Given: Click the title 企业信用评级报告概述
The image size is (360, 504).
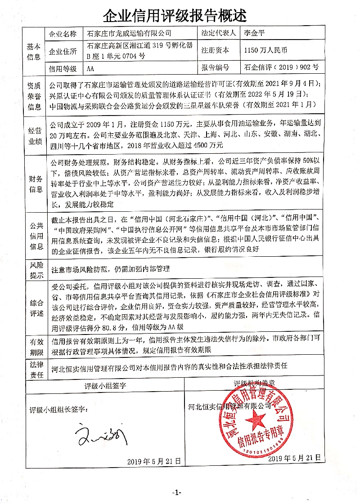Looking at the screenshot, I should [x=175, y=16].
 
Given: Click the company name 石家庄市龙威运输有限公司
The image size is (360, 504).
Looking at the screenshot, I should [x=130, y=34].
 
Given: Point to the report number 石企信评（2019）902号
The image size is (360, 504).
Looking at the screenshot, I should [x=281, y=68].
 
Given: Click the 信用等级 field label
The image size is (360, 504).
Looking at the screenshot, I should [x=63, y=68].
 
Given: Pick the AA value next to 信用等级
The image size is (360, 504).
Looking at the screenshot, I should [x=91, y=68].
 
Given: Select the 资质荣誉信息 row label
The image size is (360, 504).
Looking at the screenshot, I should [x=35, y=95].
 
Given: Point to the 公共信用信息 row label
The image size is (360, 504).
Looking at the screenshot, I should [x=35, y=235].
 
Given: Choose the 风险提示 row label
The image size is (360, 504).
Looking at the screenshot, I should [x=35, y=270].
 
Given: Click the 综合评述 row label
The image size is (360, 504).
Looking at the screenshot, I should [x=35, y=308].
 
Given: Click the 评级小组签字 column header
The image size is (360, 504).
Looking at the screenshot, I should [x=106, y=386].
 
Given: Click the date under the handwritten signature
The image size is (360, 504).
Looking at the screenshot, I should [x=154, y=461].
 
